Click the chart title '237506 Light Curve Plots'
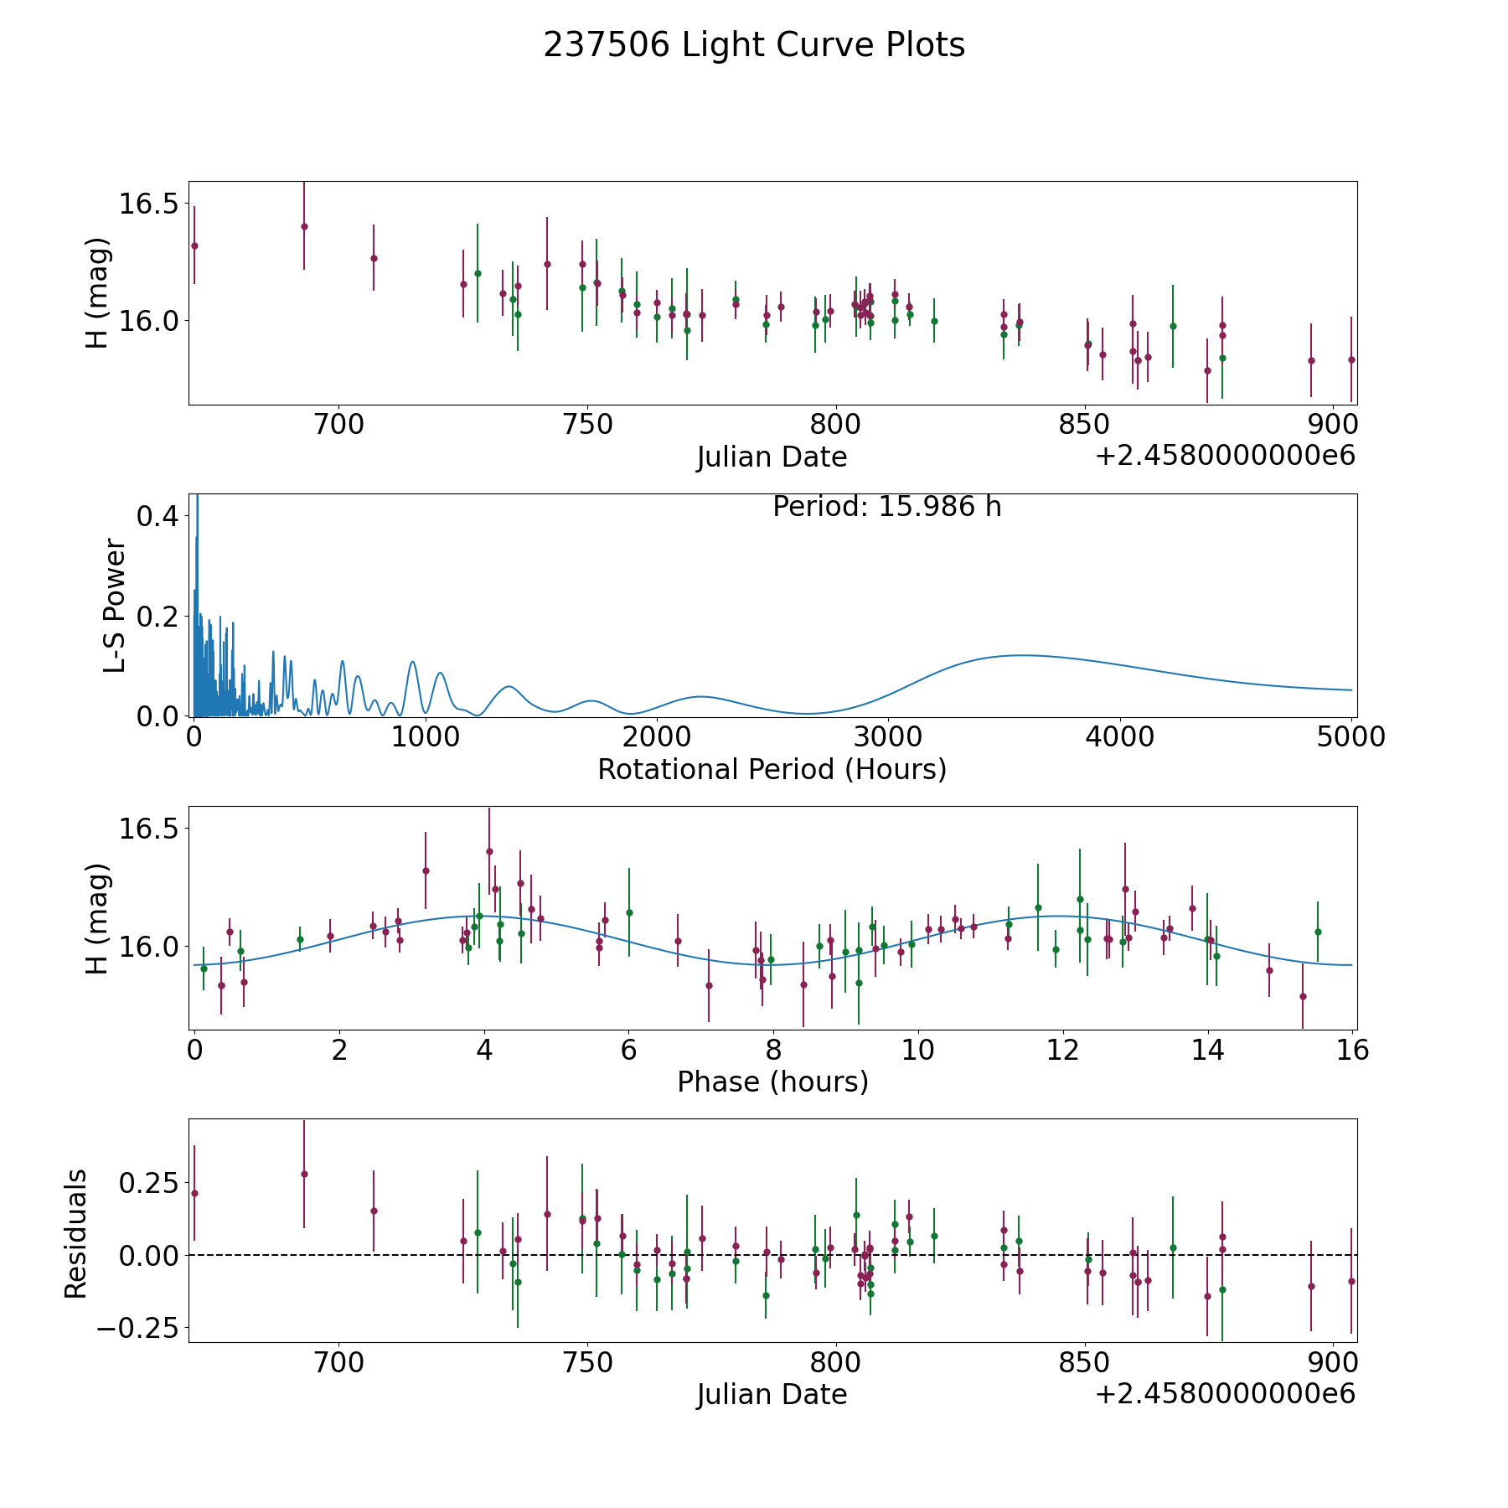coord(754,45)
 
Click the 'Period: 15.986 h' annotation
coord(886,507)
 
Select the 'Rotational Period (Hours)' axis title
coord(772,769)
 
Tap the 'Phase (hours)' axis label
coord(772,1082)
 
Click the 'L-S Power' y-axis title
coord(115,605)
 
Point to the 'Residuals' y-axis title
coord(76,1234)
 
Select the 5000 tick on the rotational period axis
coord(1350,737)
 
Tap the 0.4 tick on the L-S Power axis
coord(158,516)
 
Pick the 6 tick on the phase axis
coord(628,1051)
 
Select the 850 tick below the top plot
coord(1085,425)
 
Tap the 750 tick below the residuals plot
coord(587,1362)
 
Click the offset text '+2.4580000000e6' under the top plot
coord(1225,456)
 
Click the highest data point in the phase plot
coord(489,851)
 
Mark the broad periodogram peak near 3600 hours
coord(1020,655)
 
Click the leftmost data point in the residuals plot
coord(194,1193)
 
